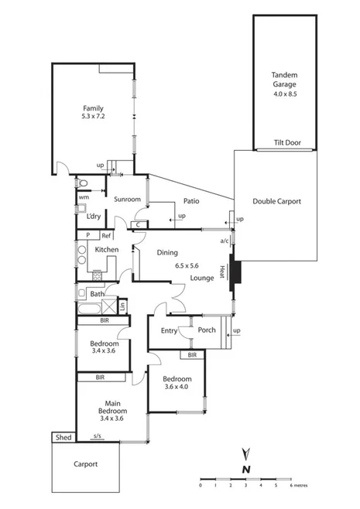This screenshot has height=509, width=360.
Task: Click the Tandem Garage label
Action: [x=284, y=79]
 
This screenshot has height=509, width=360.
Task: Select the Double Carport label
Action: [x=276, y=201]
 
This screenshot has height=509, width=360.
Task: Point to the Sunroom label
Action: [x=126, y=200]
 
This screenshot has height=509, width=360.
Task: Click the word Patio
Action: [x=192, y=201]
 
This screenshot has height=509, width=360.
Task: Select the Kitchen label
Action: [x=107, y=250]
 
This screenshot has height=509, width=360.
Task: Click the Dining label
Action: [x=167, y=252]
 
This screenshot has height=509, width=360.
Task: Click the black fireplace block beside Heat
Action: [x=236, y=273]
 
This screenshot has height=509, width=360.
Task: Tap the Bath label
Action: [x=97, y=294]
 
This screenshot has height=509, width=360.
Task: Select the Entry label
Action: [x=169, y=330]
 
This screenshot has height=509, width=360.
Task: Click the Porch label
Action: [x=207, y=330]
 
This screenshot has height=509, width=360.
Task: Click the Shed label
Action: [x=63, y=438]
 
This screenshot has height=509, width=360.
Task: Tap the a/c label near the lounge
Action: [x=225, y=241]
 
